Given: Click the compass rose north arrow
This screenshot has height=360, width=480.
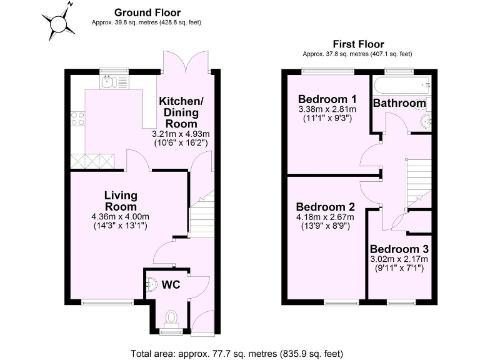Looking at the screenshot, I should click(58, 23).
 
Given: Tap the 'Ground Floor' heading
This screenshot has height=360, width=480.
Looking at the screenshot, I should click(147, 12).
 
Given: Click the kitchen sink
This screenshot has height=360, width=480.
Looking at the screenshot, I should click(108, 81).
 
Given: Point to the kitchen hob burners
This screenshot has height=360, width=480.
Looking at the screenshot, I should click(77, 119).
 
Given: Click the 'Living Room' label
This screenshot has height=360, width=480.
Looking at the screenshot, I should click(121, 201).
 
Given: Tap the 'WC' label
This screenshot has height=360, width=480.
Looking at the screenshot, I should click(171, 285).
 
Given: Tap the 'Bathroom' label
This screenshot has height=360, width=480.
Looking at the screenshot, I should click(400, 102).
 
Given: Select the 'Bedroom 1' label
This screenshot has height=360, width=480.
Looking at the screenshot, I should click(327, 99).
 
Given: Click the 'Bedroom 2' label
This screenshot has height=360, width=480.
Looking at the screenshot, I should click(326, 207).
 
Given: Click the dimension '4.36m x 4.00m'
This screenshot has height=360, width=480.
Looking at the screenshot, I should click(119, 217).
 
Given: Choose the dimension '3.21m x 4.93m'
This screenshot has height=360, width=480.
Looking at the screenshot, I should click(181, 134).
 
